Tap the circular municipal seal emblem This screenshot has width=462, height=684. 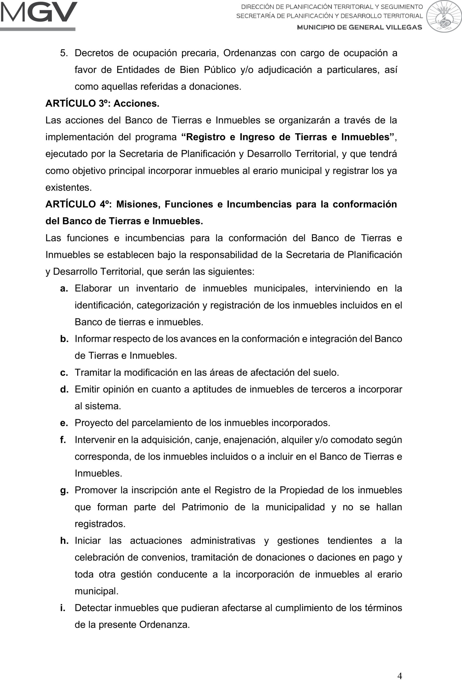point(444,17)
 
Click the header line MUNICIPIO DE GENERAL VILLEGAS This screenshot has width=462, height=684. point(360,27)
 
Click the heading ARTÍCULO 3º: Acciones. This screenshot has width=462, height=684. point(102,103)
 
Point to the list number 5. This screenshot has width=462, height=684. point(64,53)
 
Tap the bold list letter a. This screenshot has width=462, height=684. point(64,289)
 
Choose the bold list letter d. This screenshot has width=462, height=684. point(64,389)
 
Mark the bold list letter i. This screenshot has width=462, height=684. point(63,608)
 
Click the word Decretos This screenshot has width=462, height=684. point(94,53)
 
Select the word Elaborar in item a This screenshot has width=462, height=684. point(93,289)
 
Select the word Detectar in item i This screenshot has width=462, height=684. point(93,608)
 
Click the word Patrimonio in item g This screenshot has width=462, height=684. point(205,507)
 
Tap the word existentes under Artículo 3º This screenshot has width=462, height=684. point(68,188)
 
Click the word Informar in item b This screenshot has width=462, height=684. point(92,339)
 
